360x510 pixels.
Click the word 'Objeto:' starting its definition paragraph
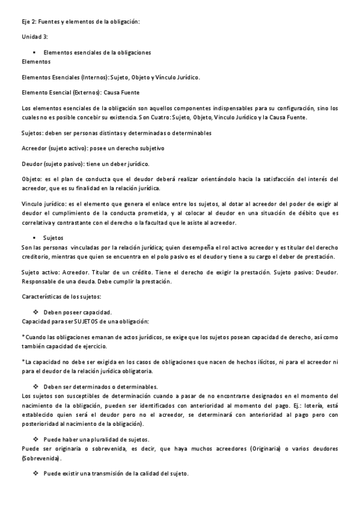[32, 179]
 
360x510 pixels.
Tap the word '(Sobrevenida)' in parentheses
[41, 458]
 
